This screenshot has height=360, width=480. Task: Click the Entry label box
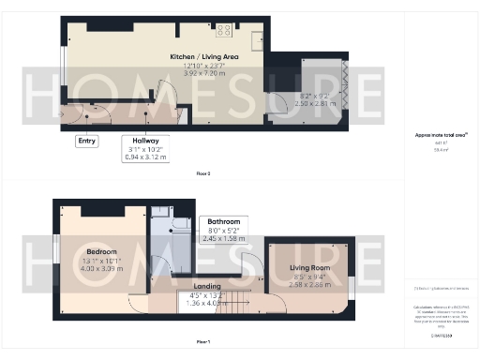click(87, 142)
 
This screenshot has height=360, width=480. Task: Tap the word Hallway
click(144, 140)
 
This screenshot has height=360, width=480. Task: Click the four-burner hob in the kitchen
click(225, 30)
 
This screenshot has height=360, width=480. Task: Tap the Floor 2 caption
click(202, 174)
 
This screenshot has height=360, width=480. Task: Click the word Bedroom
click(100, 252)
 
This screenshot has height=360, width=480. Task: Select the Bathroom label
click(224, 222)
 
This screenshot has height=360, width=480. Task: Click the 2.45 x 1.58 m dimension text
click(224, 239)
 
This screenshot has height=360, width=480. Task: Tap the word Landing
click(206, 286)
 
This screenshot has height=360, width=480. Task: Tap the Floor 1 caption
click(202, 341)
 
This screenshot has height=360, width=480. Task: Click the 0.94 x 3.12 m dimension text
click(145, 157)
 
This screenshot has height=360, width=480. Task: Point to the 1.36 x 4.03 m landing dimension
click(206, 302)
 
